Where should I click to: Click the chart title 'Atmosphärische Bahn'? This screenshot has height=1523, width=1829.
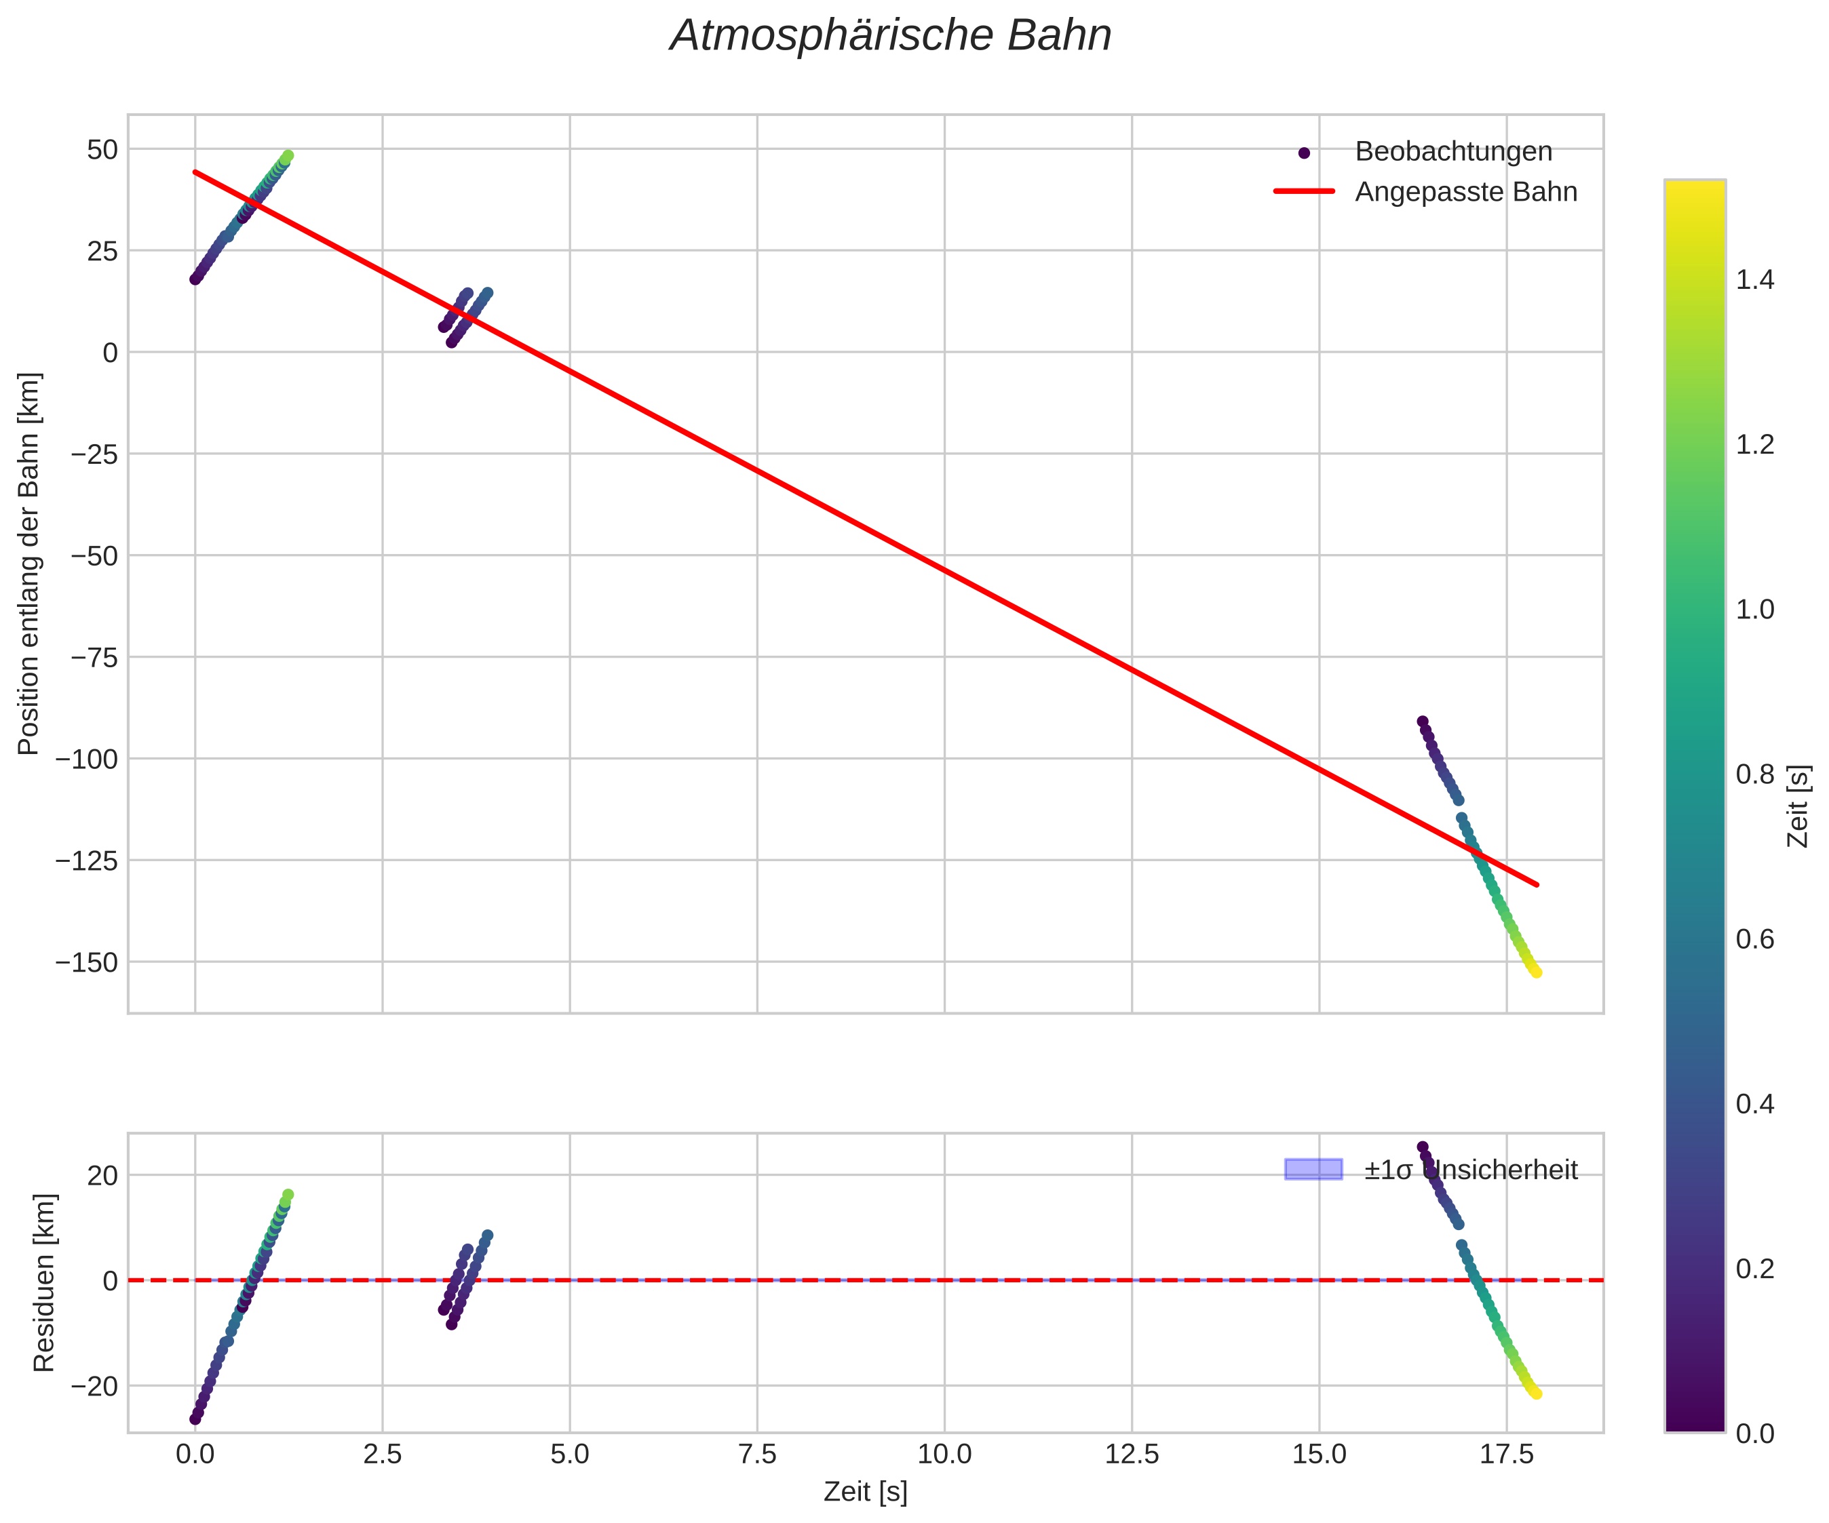point(890,37)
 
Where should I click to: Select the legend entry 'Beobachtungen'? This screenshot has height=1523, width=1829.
point(1452,151)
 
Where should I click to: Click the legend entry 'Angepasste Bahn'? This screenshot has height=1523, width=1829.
point(1465,192)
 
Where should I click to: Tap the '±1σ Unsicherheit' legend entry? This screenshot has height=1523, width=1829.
point(1470,1170)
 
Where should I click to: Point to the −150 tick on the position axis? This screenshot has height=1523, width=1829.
point(86,962)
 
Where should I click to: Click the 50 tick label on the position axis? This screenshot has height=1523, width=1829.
point(102,150)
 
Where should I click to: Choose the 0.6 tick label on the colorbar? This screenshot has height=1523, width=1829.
point(1754,938)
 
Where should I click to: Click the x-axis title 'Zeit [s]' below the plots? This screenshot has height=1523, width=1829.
point(865,1492)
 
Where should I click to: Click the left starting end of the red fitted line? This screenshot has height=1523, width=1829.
point(195,172)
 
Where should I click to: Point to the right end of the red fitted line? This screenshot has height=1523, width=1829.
point(1537,885)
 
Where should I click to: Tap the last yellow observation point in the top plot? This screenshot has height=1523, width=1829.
point(1537,972)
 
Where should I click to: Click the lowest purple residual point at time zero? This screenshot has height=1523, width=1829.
point(195,1419)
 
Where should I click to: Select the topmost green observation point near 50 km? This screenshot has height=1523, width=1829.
point(288,156)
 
